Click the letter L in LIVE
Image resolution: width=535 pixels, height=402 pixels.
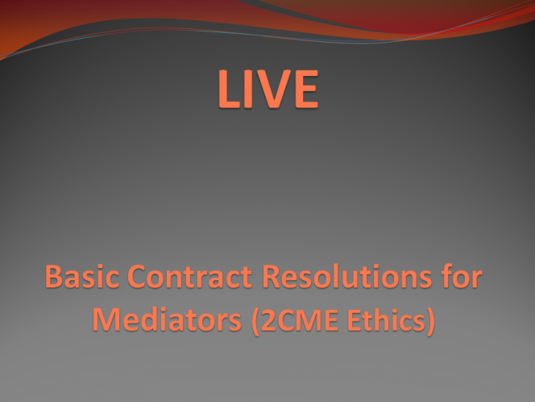click(229, 89)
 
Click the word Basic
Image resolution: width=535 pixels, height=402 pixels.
click(82, 277)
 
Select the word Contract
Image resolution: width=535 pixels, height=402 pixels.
click(189, 277)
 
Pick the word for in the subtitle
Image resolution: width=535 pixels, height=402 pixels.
click(462, 276)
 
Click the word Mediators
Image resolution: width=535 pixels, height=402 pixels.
click(167, 320)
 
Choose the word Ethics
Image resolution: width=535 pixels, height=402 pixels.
click(386, 320)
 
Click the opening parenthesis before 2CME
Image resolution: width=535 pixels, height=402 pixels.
click(255, 321)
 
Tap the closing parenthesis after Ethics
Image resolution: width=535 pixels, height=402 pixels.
click(431, 321)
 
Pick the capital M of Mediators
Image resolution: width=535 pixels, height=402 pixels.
click(106, 320)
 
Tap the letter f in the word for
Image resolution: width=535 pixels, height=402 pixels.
click(446, 276)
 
